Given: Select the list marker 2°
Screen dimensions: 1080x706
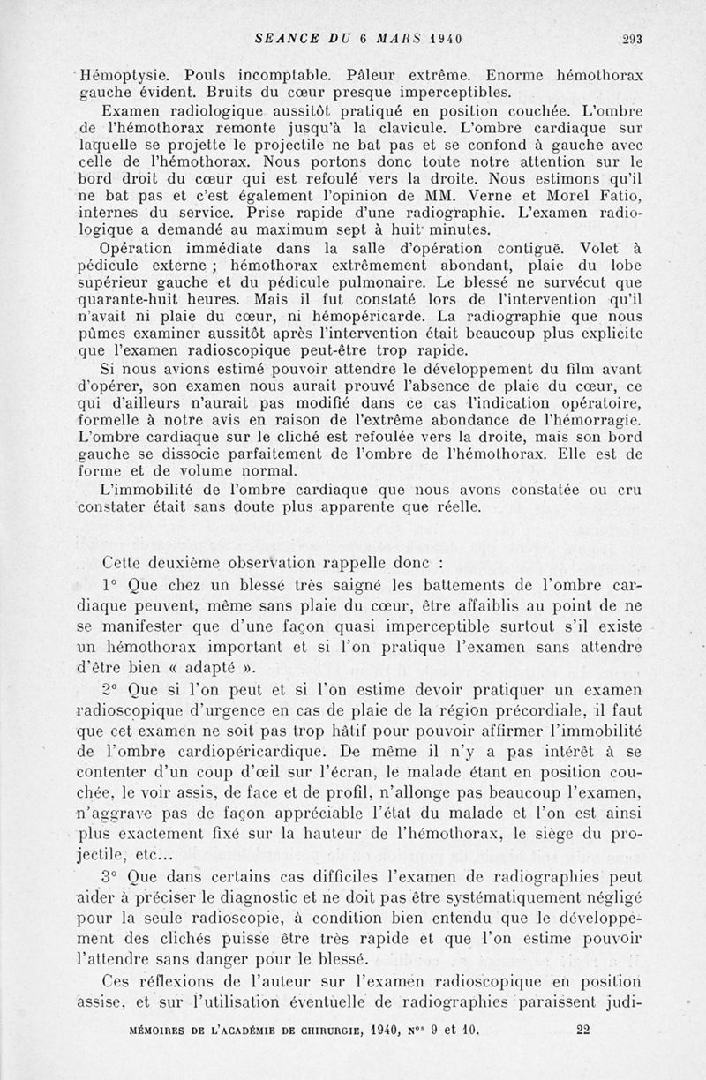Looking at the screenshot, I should pyautogui.click(x=109, y=688).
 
